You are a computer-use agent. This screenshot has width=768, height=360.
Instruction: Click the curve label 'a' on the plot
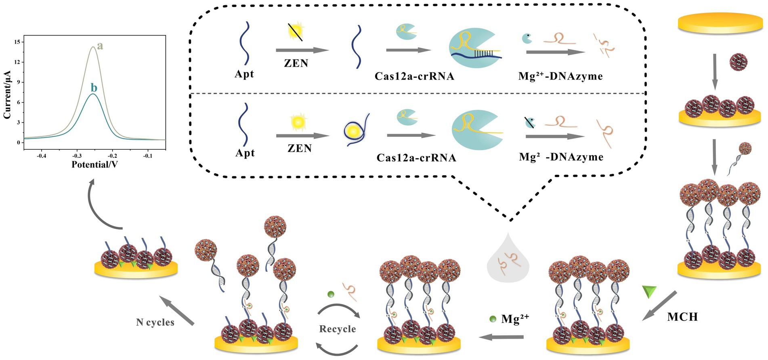pos(100,46)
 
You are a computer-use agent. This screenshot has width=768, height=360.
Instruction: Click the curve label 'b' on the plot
pos(94,88)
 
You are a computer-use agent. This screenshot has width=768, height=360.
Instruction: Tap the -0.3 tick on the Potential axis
pos(77,156)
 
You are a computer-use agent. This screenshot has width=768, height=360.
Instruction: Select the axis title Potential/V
pos(94,165)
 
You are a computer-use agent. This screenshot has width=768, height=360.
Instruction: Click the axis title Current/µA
pos(7,94)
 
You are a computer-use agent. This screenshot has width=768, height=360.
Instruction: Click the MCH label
pos(682,317)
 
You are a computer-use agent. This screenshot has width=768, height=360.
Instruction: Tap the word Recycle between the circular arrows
pos(338,329)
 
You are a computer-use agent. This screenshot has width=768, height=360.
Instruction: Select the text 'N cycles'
pos(155,322)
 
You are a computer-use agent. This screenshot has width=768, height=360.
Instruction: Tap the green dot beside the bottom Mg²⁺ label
pos(493,319)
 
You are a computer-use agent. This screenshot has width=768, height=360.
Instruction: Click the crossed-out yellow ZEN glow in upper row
pos(296,32)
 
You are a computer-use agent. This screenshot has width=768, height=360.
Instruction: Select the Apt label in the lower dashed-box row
pos(245,153)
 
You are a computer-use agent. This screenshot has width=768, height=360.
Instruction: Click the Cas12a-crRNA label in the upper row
pos(414,76)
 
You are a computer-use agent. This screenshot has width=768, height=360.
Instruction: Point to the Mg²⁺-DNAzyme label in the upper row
pos(560,76)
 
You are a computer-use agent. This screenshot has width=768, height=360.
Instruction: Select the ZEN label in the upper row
pos(296,63)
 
